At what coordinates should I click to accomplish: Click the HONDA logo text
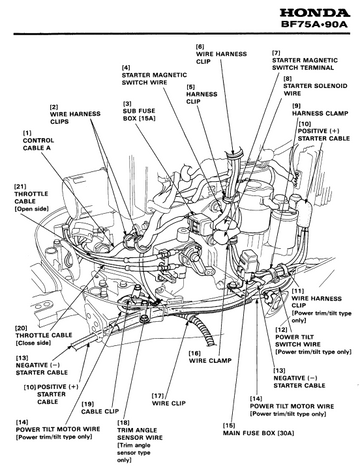[x=315, y=13]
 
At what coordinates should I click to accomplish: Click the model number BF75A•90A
[x=315, y=25]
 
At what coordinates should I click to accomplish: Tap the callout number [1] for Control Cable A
[x=27, y=133]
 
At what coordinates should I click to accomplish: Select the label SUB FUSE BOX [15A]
[x=139, y=114]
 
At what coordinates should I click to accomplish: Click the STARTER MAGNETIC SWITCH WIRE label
[x=154, y=79]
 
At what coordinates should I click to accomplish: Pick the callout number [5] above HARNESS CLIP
[x=190, y=87]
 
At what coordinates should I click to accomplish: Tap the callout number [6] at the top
[x=200, y=46]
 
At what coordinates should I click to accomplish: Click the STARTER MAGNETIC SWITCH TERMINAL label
[x=305, y=64]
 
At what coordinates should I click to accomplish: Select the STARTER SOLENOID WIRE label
[x=315, y=89]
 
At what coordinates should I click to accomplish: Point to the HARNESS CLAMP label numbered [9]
[x=320, y=113]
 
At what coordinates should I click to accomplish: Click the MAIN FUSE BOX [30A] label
[x=258, y=433]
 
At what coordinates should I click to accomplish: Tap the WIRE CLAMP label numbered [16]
[x=210, y=360]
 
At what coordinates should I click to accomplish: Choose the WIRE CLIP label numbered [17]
[x=169, y=403]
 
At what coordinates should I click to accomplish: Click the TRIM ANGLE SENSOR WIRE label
[x=140, y=434]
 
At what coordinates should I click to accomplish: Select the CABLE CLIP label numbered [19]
[x=100, y=411]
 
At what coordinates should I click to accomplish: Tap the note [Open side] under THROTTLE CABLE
[x=31, y=209]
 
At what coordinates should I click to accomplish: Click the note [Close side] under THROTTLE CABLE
[x=33, y=343]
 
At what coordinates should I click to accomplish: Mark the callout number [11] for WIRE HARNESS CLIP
[x=297, y=291]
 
